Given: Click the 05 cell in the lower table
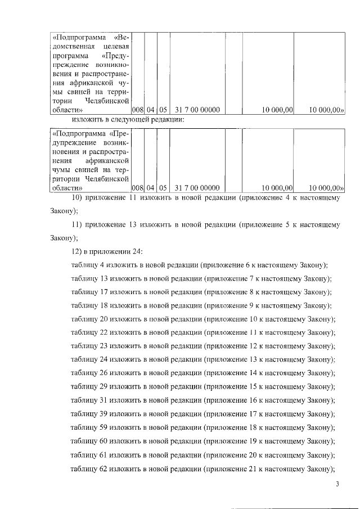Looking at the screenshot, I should (163, 188).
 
